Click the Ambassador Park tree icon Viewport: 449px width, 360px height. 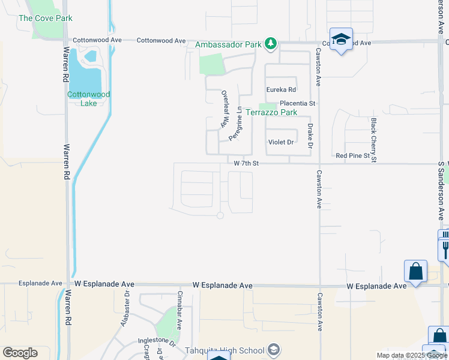click(271, 43)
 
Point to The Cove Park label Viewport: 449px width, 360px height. click(46, 18)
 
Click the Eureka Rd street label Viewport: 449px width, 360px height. click(282, 90)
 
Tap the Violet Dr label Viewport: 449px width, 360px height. click(280, 142)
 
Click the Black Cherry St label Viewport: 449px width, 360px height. click(373, 140)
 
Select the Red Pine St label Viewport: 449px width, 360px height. click(353, 156)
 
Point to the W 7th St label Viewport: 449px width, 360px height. click(246, 163)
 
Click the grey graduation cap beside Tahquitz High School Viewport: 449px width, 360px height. click(274, 349)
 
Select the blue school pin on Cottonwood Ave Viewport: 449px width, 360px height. click(341, 40)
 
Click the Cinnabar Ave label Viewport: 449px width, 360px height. click(179, 310)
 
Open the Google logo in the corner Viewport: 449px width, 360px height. click(20, 353)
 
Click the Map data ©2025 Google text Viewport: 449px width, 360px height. click(412, 355)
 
